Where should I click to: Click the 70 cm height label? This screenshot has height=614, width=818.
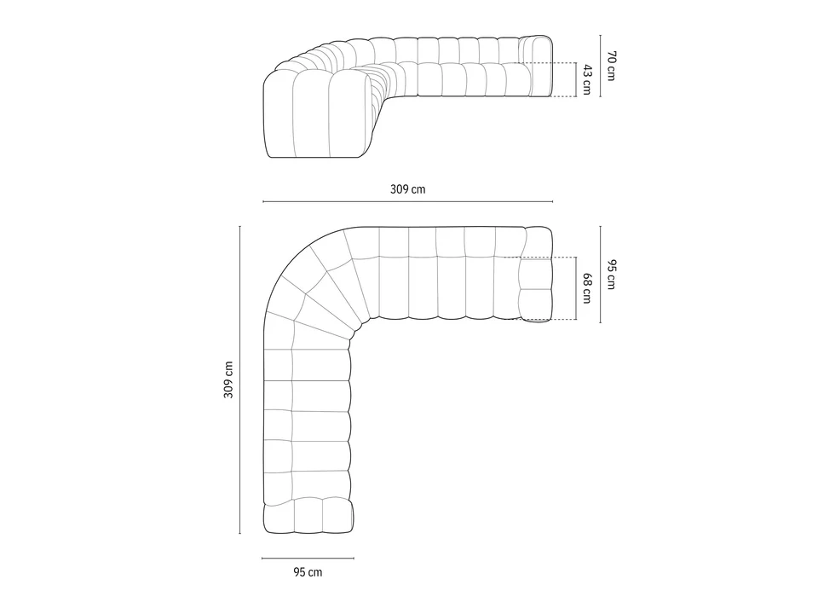(x=611, y=66)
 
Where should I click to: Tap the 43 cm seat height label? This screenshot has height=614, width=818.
(x=586, y=79)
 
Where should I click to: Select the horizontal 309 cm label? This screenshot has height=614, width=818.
(x=407, y=189)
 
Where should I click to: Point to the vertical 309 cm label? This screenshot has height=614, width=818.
(x=228, y=379)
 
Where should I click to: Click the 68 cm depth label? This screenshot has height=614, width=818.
(x=586, y=287)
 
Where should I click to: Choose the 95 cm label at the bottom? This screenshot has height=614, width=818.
(x=308, y=572)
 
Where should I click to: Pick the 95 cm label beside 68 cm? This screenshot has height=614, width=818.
(x=611, y=274)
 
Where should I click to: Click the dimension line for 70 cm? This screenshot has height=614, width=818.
(x=601, y=66)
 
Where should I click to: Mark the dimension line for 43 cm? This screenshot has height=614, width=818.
(x=576, y=79)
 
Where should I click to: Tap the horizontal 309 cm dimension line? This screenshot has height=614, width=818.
(x=407, y=201)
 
